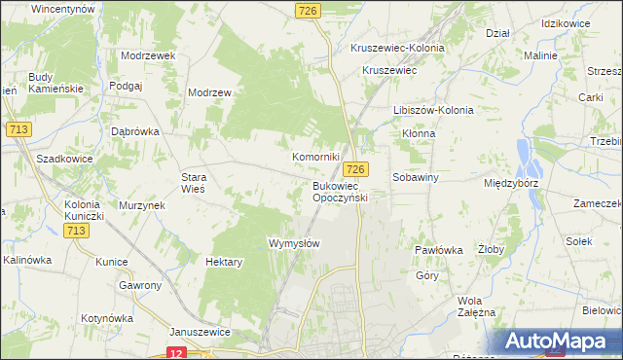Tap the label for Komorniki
(315, 156)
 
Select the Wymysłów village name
(293, 243)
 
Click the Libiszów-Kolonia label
(433, 110)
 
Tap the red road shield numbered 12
(175, 353)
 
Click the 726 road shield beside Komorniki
(356, 169)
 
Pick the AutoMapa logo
(559, 342)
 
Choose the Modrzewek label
(148, 55)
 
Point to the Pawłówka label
(438, 250)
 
